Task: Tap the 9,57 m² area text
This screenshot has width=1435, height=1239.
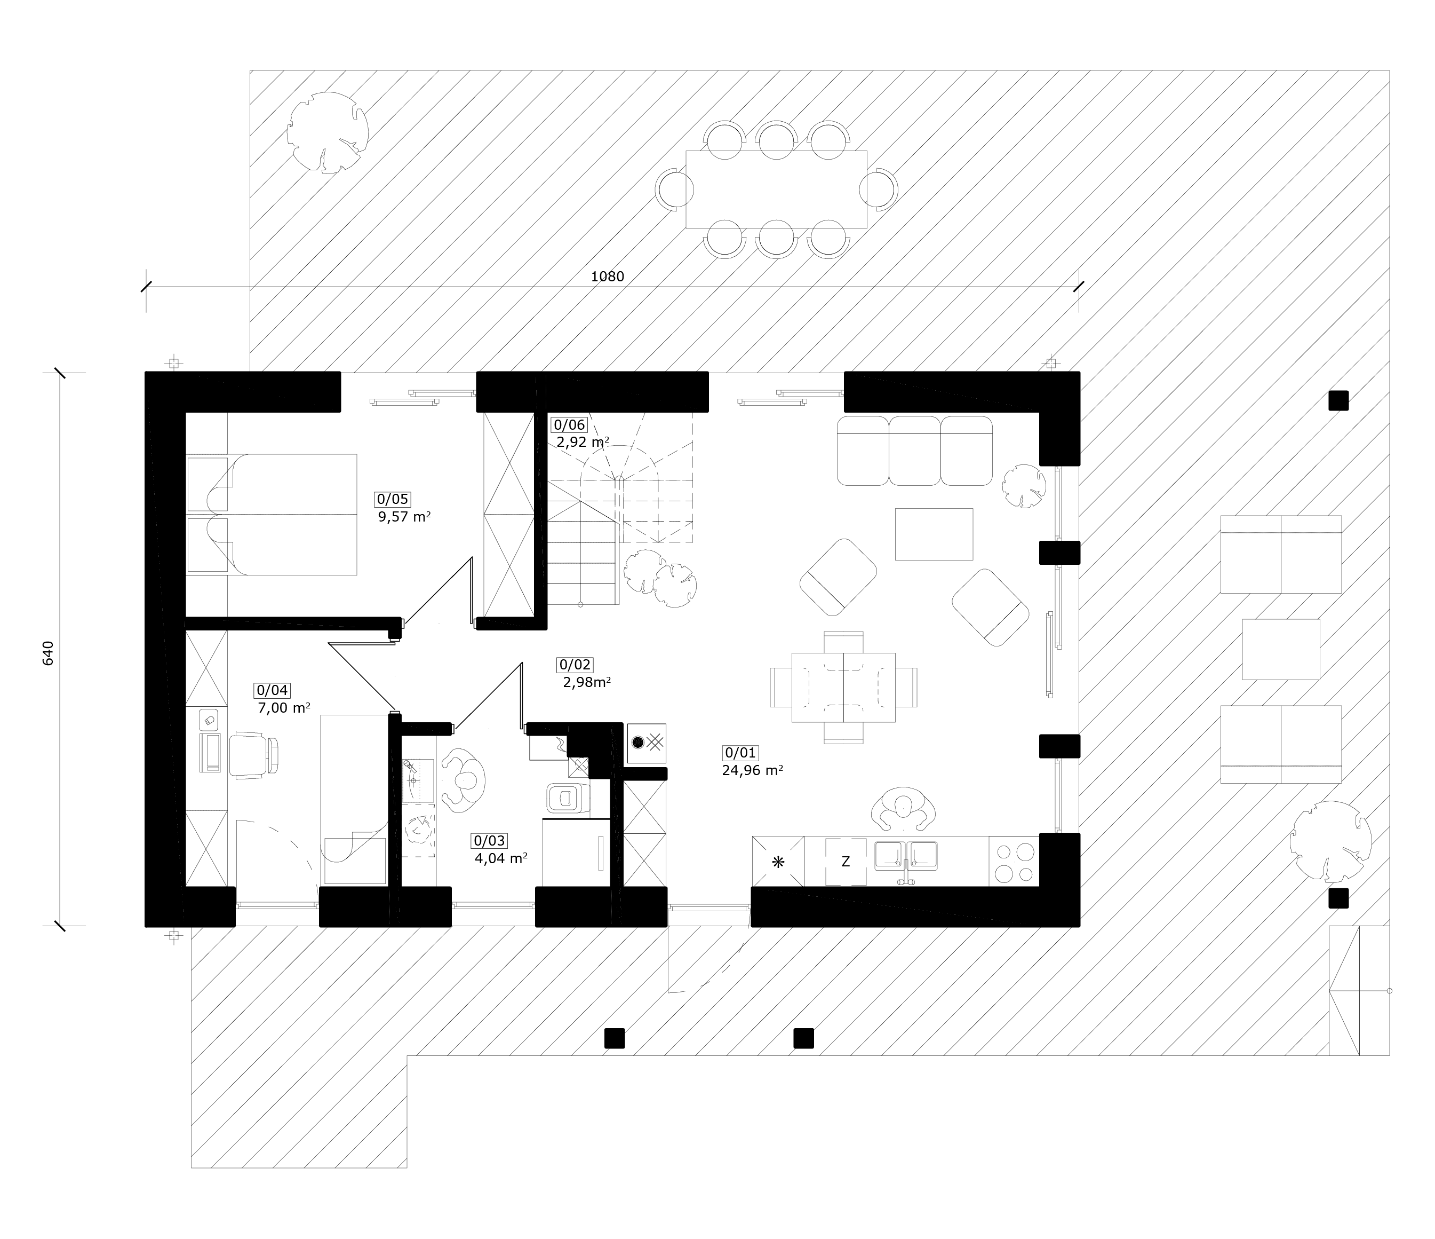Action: pos(404,516)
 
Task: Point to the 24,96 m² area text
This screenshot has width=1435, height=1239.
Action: pos(753,770)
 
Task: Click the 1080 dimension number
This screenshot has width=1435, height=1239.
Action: pos(608,277)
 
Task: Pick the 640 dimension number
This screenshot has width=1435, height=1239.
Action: pos(48,653)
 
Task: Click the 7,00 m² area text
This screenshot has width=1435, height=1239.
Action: pos(283,707)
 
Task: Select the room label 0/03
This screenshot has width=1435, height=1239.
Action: pos(489,841)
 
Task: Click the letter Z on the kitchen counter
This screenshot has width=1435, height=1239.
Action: pos(845,862)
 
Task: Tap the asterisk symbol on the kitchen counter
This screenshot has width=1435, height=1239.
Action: pos(778,862)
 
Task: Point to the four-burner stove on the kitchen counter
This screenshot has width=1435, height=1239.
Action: pos(1014,862)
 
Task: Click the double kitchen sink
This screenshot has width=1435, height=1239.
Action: pos(906,857)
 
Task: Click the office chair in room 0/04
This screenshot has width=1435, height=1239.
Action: pos(254,755)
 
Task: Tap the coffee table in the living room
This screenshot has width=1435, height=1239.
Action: pos(934,534)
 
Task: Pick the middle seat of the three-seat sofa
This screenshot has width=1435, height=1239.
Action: pos(915,451)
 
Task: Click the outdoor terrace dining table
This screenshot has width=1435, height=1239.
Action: pos(776,189)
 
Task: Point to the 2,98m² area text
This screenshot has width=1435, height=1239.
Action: pos(587,682)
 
